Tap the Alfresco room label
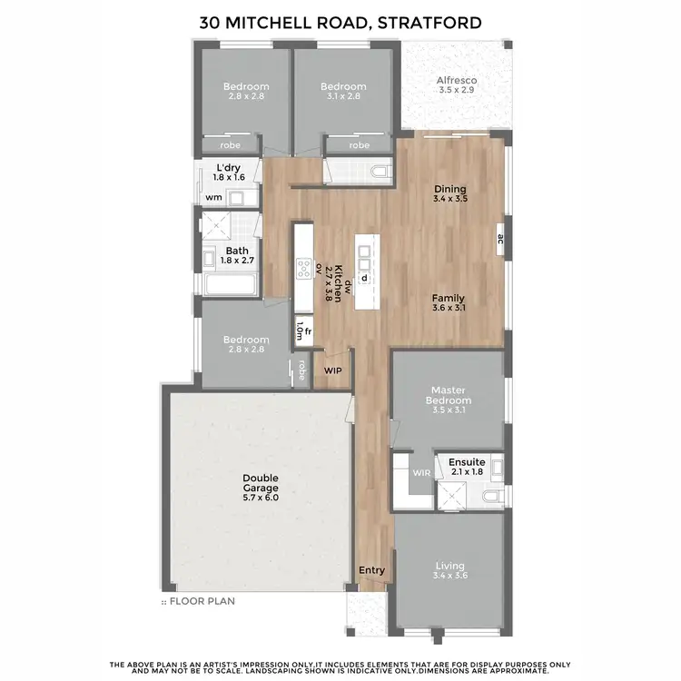458,85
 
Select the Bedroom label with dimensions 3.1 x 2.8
342,92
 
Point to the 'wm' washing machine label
213,197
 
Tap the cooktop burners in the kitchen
302,267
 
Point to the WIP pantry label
332,370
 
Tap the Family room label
449,302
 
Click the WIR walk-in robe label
420,472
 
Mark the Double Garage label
260,487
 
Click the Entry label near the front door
372,570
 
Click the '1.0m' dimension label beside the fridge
299,333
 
